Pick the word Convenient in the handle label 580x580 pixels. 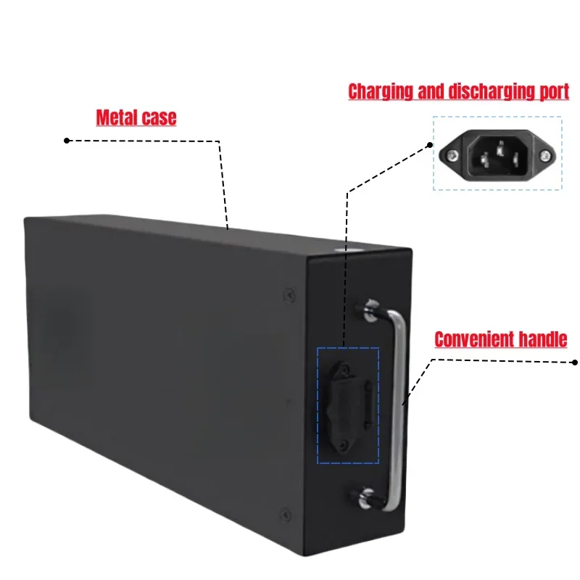[x=476, y=339]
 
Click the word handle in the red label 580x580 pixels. [x=544, y=339]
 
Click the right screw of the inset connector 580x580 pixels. [x=543, y=154]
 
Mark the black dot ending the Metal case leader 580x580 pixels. [x=67, y=140]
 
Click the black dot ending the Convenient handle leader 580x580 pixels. [x=575, y=361]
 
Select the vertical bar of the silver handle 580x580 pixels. [x=399, y=406]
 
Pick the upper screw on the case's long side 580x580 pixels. [x=289, y=294]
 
